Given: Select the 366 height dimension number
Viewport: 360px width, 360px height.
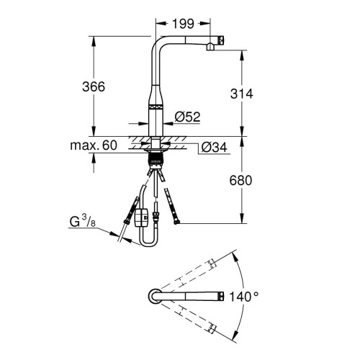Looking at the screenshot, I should coord(92,86).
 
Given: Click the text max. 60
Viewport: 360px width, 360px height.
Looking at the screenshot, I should coord(93,145).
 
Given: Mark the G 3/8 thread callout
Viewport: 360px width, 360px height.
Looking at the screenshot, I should coord(82,220).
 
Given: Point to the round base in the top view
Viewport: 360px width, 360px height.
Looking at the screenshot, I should coord(156,296).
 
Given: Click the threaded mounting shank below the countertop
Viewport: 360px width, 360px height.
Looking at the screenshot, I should coord(156,156).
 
